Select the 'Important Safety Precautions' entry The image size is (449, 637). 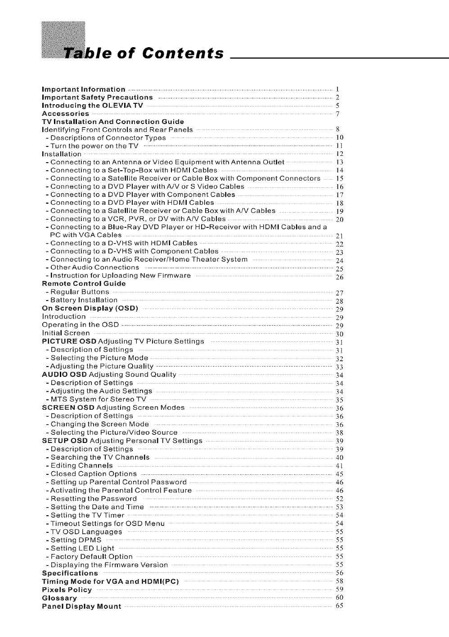(x=97, y=97)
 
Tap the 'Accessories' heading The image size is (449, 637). (x=65, y=114)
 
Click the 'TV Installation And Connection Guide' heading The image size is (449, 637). (x=112, y=122)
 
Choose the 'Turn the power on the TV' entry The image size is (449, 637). (x=94, y=146)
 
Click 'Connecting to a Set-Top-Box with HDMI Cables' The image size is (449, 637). (x=134, y=170)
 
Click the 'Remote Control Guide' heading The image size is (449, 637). (x=84, y=283)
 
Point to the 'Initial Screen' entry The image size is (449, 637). (x=66, y=333)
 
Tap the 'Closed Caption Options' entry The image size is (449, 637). (x=94, y=474)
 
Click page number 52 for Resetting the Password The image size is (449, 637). (x=340, y=499)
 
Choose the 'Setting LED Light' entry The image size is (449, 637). (x=82, y=549)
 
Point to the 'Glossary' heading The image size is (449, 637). (x=59, y=598)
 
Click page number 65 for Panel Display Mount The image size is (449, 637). (x=340, y=606)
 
